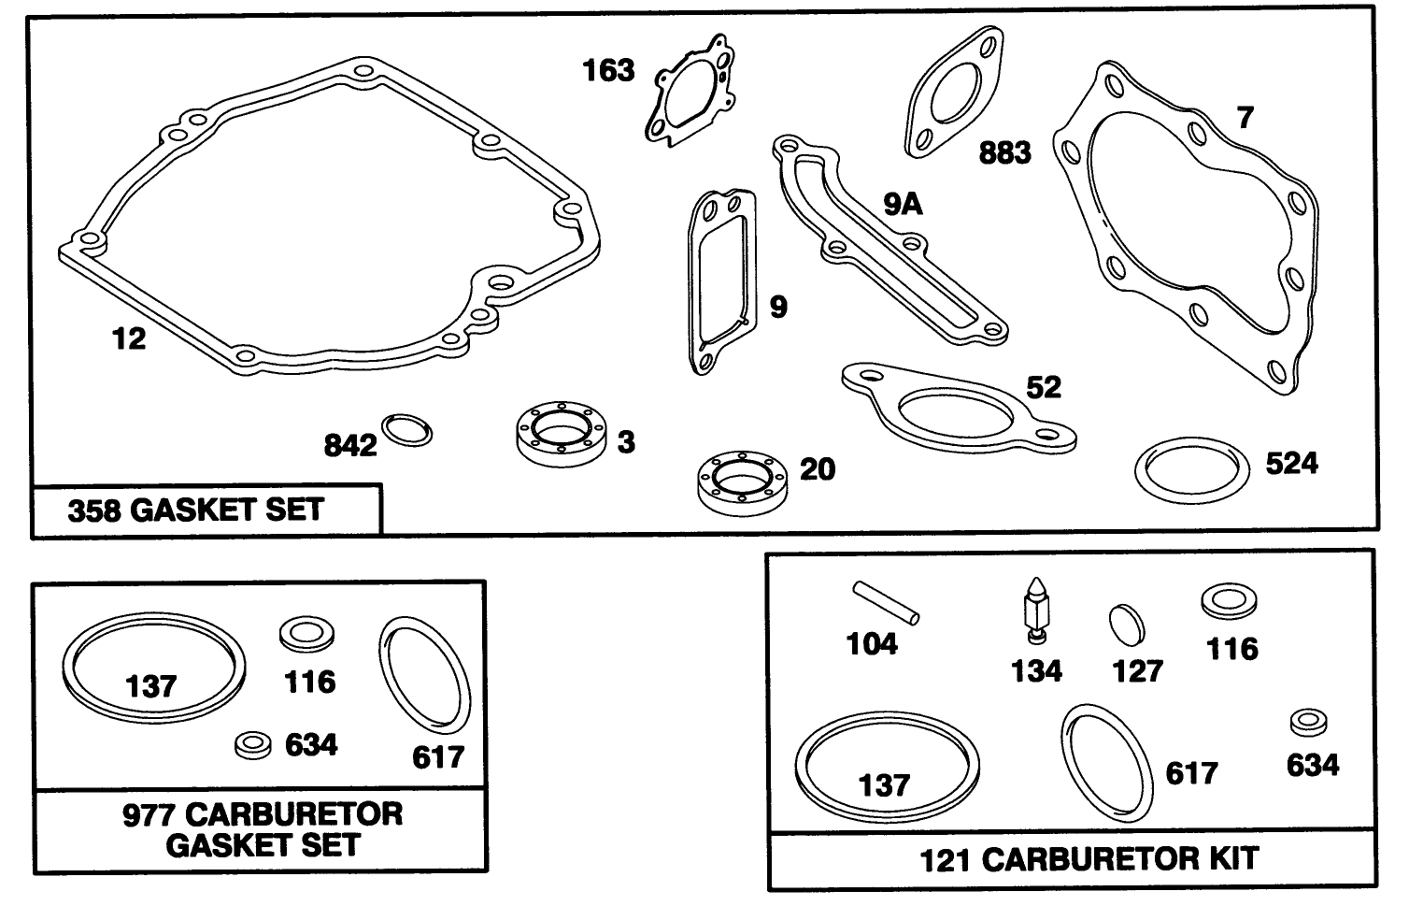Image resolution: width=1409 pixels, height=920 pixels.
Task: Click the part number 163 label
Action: click(608, 70)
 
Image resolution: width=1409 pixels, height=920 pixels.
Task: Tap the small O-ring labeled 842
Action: click(408, 429)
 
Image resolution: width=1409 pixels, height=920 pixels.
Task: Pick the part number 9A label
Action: click(903, 204)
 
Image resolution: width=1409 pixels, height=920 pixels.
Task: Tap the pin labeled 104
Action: click(886, 602)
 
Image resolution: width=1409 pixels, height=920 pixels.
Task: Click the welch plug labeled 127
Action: click(1126, 622)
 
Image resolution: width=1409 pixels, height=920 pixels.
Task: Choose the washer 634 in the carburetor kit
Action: click(1309, 723)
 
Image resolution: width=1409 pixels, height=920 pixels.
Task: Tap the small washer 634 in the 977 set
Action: click(253, 744)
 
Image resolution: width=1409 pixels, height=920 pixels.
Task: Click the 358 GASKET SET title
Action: click(195, 510)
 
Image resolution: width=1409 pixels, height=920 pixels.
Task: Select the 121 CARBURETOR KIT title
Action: click(1089, 858)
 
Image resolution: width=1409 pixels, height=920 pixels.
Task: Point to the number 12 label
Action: click(129, 338)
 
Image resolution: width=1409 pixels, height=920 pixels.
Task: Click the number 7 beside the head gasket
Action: click(1245, 118)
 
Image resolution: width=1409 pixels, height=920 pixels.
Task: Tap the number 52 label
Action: click(1044, 387)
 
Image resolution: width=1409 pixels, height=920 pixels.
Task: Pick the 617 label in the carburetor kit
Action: click(1191, 773)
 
